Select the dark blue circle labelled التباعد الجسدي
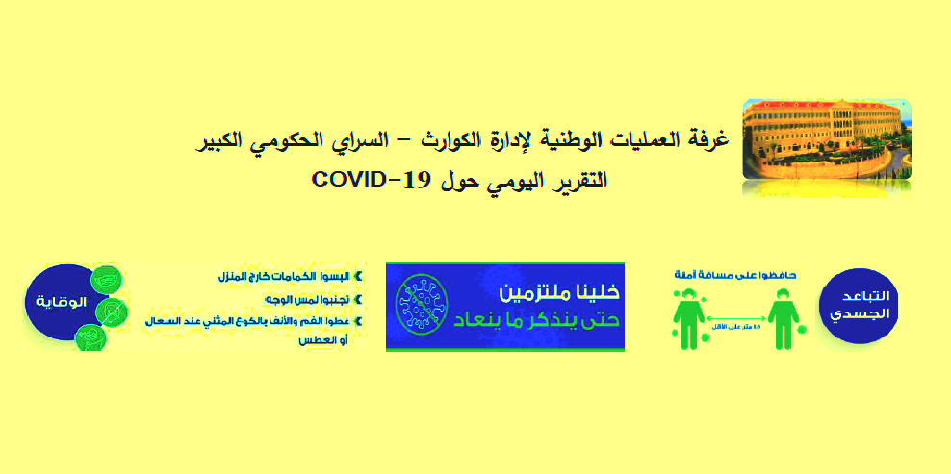859,304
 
